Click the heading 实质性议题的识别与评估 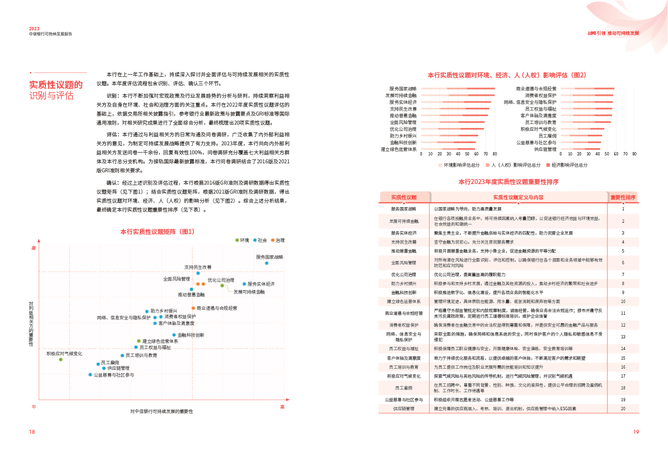click(56, 90)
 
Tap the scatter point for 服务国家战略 click(267, 263)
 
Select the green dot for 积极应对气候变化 click(61, 359)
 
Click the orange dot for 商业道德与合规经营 click(192, 308)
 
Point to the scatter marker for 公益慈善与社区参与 click(90, 374)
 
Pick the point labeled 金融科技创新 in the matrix click(174, 335)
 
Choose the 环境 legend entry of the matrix click(243, 240)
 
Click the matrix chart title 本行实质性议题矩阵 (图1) click(157, 231)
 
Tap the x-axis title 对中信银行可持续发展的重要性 click(161, 411)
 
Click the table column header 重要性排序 click(623, 197)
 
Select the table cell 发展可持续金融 click(403, 221)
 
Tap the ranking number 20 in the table click(623, 409)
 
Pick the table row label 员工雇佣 click(403, 387)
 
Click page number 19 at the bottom click(635, 432)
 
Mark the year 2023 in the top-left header click(34, 28)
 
